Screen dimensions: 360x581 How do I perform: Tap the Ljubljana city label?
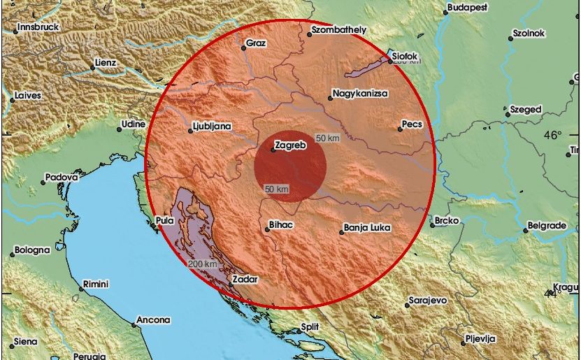tap(213, 127)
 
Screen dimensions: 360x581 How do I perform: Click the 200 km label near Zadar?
tap(202, 264)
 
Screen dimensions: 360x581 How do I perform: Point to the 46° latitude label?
tap(553, 135)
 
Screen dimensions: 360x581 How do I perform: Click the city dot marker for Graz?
tap(244, 48)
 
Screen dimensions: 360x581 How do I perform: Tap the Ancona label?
tap(153, 320)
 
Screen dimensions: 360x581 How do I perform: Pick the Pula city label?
tap(165, 221)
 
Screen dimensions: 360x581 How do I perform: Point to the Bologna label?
tap(33, 250)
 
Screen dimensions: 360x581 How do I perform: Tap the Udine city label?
tap(133, 124)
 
